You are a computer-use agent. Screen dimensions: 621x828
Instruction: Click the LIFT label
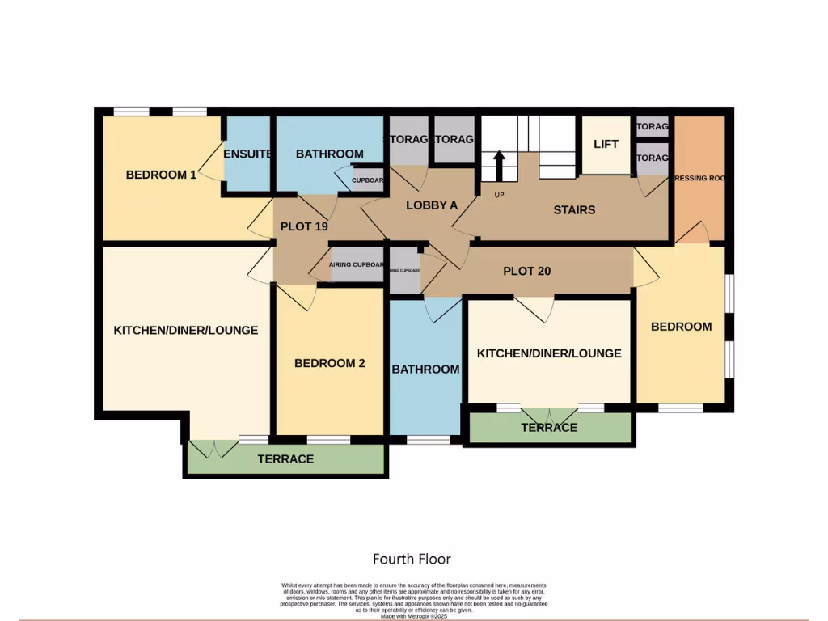[606, 144]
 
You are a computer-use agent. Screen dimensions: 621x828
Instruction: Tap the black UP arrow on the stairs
[499, 166]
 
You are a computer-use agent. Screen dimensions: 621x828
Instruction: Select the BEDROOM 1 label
[161, 174]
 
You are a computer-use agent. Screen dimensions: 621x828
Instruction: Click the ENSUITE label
[247, 154]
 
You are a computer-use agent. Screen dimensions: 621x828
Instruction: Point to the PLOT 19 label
[304, 226]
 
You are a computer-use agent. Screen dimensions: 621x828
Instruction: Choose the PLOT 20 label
[526, 271]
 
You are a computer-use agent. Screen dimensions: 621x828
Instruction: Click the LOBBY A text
[432, 205]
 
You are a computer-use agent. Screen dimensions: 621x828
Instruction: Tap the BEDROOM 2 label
[329, 363]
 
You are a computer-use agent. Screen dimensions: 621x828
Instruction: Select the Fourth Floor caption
[412, 559]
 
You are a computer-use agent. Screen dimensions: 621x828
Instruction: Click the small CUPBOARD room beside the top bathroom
[366, 180]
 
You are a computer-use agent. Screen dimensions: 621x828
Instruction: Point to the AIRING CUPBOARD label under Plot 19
[357, 264]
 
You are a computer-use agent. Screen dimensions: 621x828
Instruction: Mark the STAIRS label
[574, 209]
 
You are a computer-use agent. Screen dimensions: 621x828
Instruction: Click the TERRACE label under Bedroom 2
[285, 458]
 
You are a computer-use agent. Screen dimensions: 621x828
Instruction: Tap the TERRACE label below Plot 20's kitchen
[549, 427]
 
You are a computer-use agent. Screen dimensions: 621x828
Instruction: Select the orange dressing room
[699, 178]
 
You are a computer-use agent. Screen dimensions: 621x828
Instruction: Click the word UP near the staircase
[499, 194]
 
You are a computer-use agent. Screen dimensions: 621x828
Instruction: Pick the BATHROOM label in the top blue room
[329, 154]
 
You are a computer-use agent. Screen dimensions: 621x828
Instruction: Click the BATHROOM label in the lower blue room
[425, 369]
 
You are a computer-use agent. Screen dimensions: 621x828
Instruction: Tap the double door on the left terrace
[214, 448]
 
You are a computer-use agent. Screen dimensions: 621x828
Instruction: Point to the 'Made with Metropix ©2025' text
[413, 615]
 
